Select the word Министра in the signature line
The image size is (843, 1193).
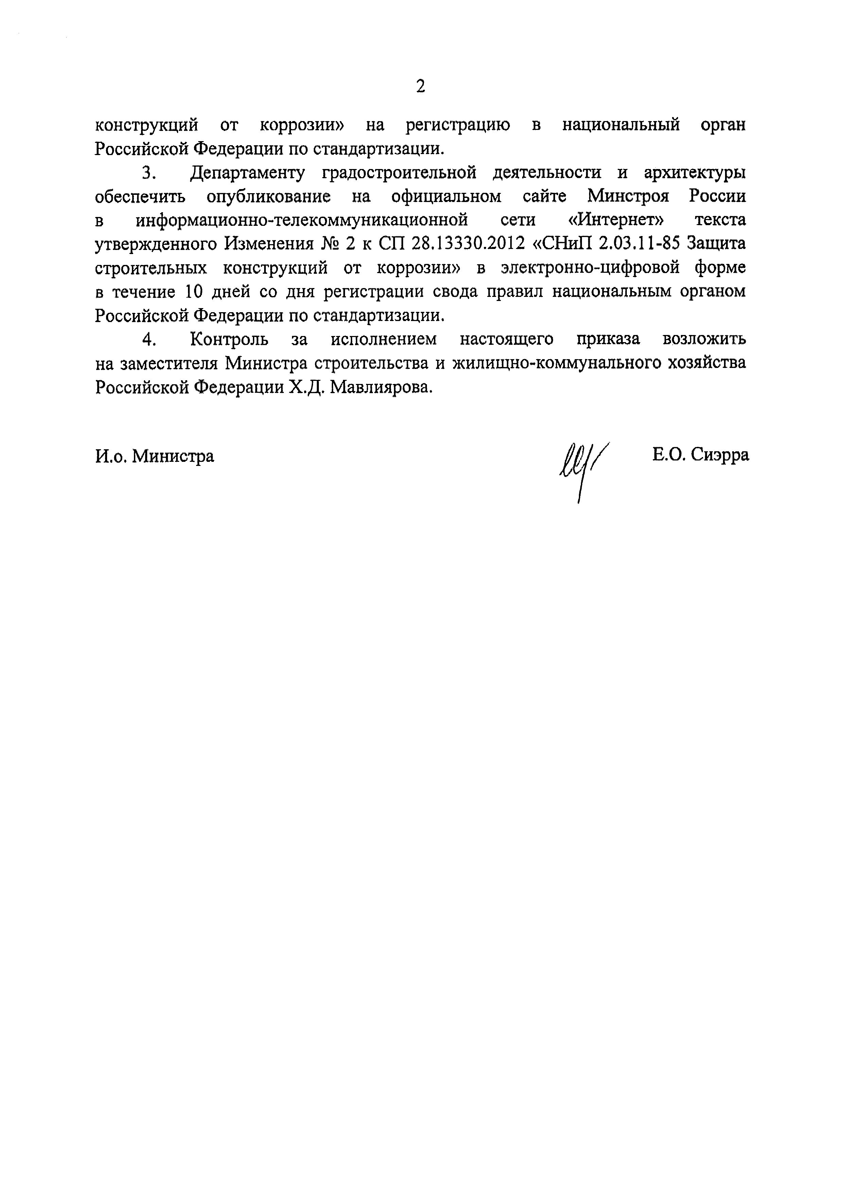tap(173, 456)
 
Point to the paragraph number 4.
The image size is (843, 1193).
tap(149, 339)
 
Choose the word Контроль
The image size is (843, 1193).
tap(229, 339)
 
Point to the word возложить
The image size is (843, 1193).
tap(704, 339)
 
